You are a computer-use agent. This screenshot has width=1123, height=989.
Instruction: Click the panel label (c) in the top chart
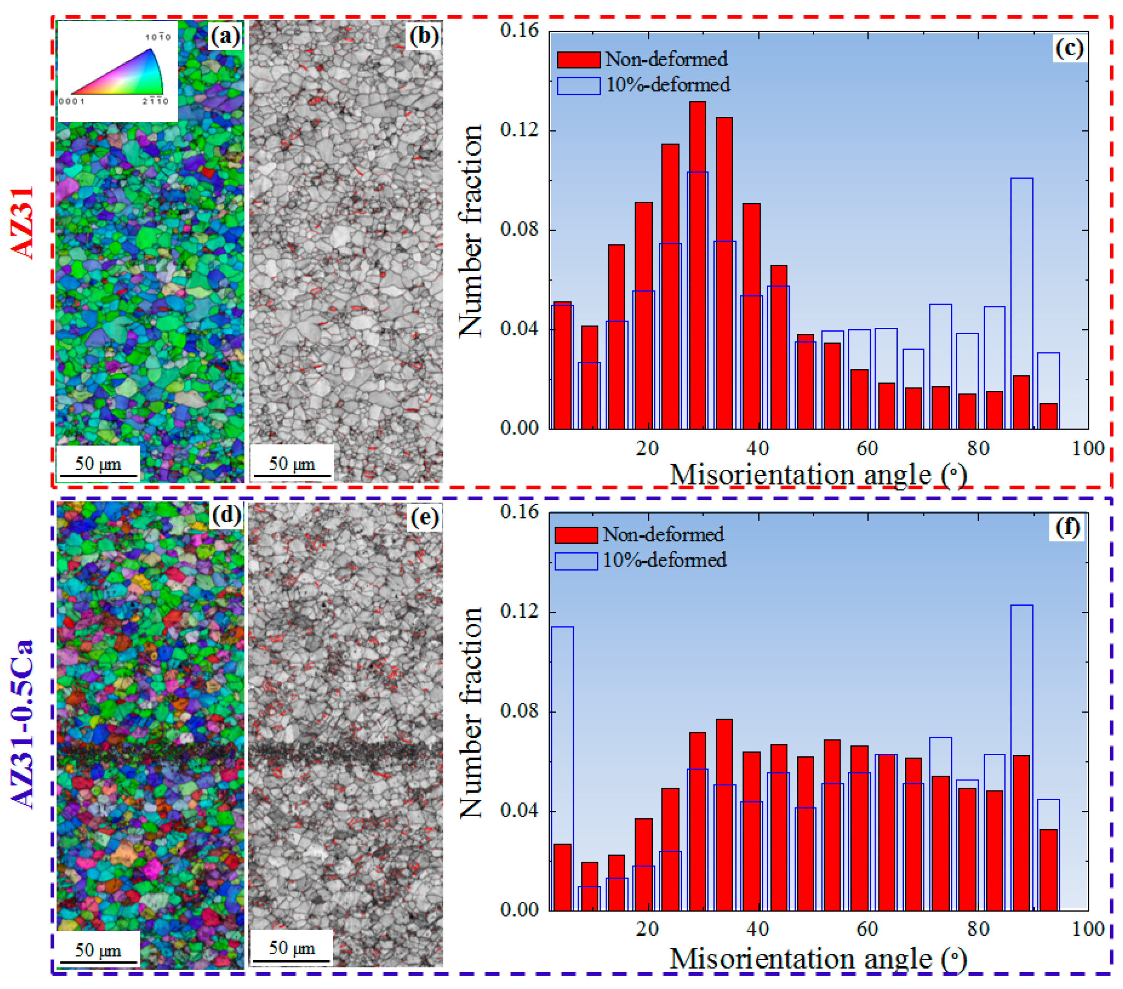click(1069, 48)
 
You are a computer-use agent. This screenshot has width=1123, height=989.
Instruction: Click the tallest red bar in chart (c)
click(697, 264)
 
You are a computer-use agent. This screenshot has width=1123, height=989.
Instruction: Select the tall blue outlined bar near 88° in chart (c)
click(1021, 302)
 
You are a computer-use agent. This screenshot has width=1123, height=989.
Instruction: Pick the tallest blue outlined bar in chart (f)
click(1021, 758)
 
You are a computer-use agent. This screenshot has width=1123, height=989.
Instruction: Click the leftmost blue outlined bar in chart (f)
click(563, 769)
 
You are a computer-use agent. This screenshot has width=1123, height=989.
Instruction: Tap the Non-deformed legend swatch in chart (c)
click(578, 59)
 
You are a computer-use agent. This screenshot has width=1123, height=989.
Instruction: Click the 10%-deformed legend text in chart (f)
click(664, 560)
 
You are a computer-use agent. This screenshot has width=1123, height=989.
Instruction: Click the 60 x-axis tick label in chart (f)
click(867, 928)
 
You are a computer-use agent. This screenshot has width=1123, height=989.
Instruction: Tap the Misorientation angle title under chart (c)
click(818, 475)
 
